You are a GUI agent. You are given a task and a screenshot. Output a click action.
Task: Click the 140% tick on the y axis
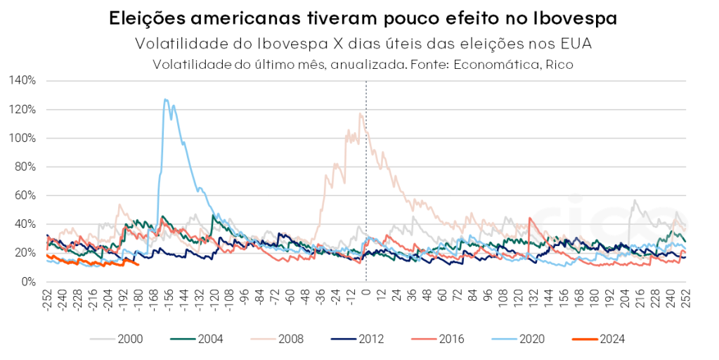point(22,80)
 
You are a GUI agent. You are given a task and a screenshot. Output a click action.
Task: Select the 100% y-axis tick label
point(22,138)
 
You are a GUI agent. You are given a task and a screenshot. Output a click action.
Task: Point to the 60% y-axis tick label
point(25,195)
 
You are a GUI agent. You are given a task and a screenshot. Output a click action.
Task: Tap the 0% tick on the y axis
point(28,282)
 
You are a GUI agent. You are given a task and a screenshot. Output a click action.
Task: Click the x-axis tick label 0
point(366,290)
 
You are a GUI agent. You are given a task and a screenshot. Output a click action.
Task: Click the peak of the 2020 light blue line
point(165,99)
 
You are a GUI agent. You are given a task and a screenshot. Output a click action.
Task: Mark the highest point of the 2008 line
point(361,113)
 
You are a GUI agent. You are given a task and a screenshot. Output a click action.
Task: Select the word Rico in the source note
point(561,65)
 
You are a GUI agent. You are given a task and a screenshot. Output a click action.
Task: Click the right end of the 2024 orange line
point(138,264)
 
